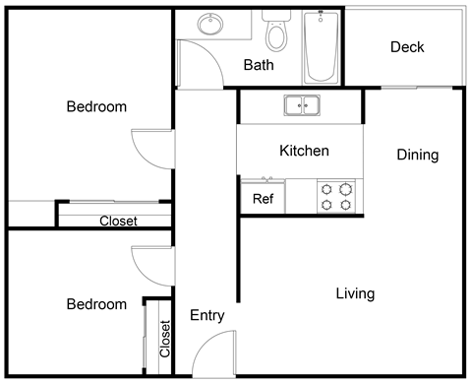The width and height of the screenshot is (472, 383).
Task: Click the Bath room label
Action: tap(259, 66)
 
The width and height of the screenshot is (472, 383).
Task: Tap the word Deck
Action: tap(407, 47)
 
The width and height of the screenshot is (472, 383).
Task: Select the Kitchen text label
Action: tap(304, 151)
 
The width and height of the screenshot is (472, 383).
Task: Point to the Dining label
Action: tap(417, 155)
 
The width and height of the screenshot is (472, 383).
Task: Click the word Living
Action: tap(355, 293)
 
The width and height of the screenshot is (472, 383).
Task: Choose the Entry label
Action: tap(206, 316)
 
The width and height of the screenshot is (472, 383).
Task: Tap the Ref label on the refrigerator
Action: tap(263, 199)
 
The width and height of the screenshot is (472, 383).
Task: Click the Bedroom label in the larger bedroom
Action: tap(96, 106)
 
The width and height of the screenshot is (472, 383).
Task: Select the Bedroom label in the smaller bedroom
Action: tap(96, 304)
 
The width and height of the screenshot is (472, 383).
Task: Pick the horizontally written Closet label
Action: tap(118, 222)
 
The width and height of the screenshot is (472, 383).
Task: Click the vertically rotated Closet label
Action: tap(164, 339)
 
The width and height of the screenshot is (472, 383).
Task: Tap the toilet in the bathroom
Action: tap(276, 32)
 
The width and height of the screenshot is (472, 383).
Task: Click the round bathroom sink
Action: tap(209, 24)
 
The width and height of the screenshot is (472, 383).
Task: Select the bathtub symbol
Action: tap(321, 46)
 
